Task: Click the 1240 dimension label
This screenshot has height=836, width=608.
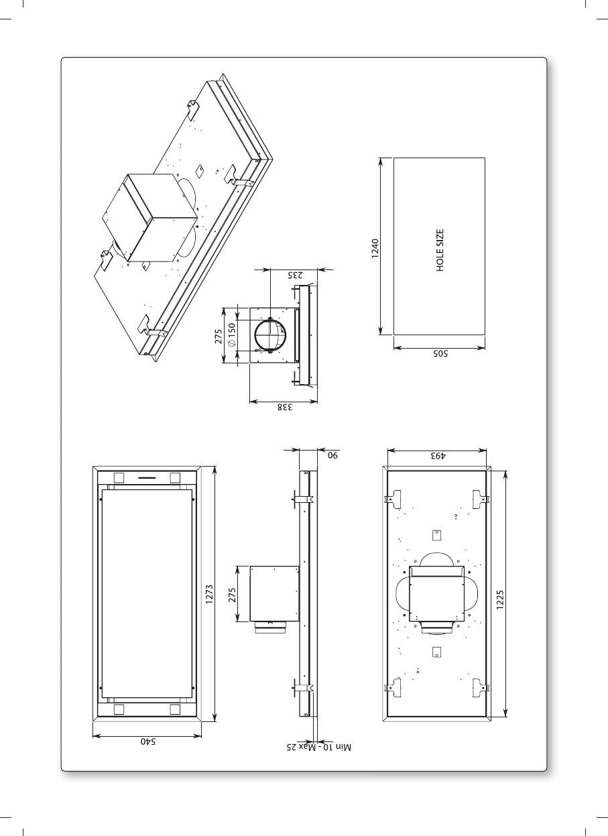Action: [x=375, y=249]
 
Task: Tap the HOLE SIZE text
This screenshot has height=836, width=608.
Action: [x=440, y=251]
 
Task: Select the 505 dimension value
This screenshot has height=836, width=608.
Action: [x=440, y=353]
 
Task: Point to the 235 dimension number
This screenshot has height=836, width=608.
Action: [x=295, y=276]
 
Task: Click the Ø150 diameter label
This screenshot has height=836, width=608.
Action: [x=232, y=335]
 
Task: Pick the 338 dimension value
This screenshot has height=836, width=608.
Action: [x=285, y=407]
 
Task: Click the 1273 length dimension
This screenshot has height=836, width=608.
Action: [x=209, y=595]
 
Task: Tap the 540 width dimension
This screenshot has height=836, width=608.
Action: [x=147, y=741]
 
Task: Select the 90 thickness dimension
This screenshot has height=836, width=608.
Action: [x=332, y=455]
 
